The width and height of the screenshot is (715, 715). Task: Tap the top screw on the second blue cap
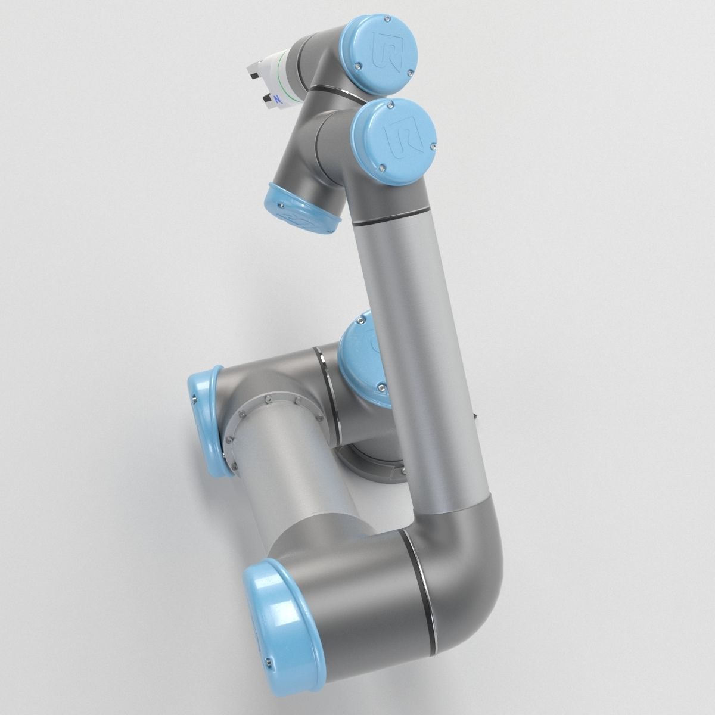click(x=390, y=105)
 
